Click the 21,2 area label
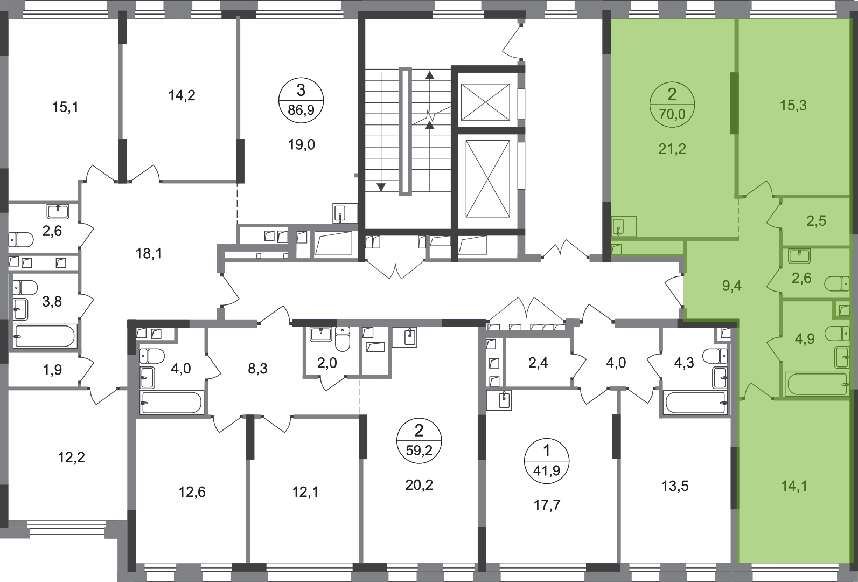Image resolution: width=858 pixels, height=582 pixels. (x=672, y=149)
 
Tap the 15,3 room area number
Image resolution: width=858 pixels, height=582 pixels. (x=793, y=106)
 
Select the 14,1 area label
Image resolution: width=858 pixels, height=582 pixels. (x=793, y=486)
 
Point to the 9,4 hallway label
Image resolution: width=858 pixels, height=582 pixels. (x=731, y=285)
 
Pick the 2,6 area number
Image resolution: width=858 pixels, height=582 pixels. (x=801, y=278)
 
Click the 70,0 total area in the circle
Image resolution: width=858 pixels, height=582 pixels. (x=672, y=114)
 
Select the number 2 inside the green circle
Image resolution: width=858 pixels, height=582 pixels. (x=672, y=96)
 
